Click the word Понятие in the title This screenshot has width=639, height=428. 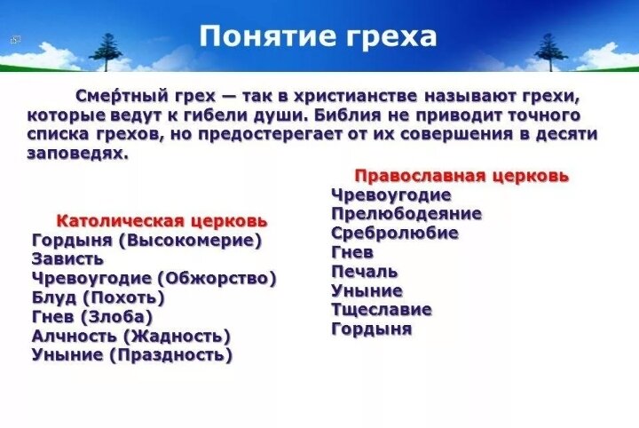(267, 36)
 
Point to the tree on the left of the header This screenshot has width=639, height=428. (106, 52)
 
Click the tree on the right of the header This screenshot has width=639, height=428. (550, 51)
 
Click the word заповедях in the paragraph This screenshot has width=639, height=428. (77, 155)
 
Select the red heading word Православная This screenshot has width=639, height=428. (420, 177)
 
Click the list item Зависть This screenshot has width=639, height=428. (67, 258)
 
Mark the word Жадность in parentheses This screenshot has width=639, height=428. (177, 337)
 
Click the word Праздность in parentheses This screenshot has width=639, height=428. (171, 355)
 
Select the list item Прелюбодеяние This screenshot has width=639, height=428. (406, 214)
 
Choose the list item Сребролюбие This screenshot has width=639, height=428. (394, 234)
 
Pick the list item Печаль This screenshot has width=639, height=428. (364, 272)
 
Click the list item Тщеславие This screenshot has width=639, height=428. (381, 310)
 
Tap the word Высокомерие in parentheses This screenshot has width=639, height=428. (190, 241)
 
